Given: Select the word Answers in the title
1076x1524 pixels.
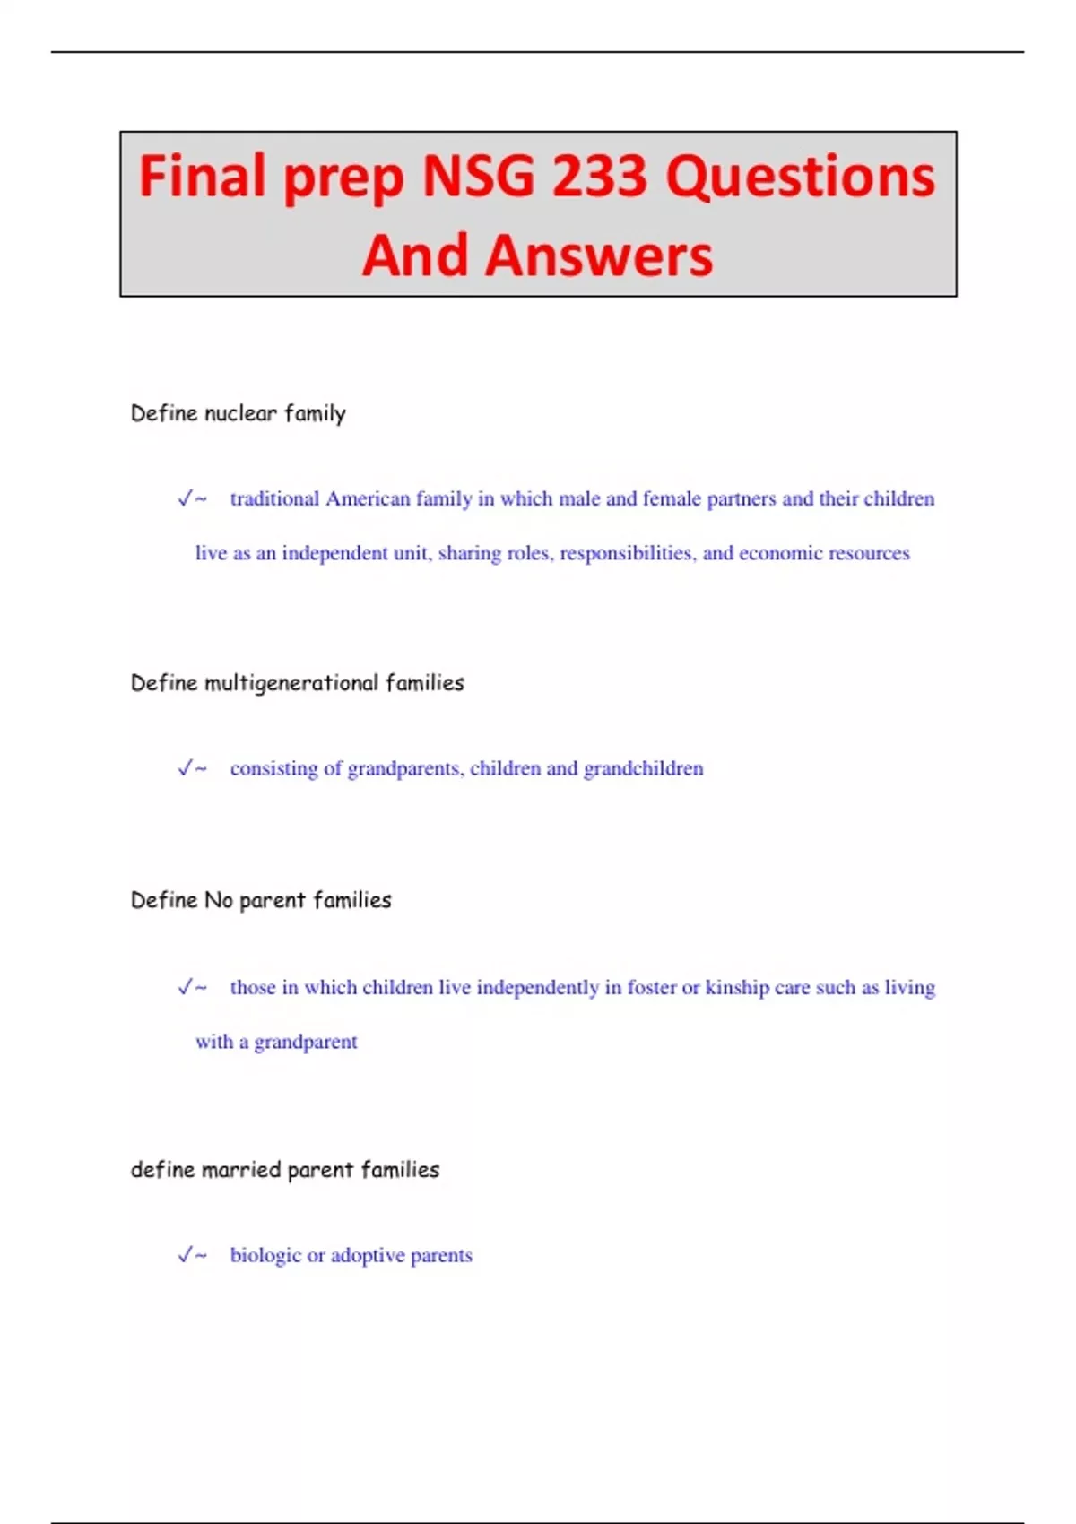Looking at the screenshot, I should click(x=599, y=256).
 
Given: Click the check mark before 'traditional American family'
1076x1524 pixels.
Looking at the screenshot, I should click(x=186, y=498).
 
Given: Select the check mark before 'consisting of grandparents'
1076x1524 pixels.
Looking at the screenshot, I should click(x=186, y=768).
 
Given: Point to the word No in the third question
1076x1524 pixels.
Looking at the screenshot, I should click(x=218, y=900).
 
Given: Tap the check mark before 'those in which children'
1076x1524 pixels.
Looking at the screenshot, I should click(x=186, y=987).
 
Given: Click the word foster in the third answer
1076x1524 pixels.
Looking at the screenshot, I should click(x=652, y=987).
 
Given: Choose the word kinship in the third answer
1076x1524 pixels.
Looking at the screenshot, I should click(x=737, y=987).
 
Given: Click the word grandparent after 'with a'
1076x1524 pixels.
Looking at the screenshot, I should click(x=306, y=1042).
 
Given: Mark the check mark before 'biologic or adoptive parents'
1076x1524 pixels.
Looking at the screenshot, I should click(x=186, y=1255).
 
